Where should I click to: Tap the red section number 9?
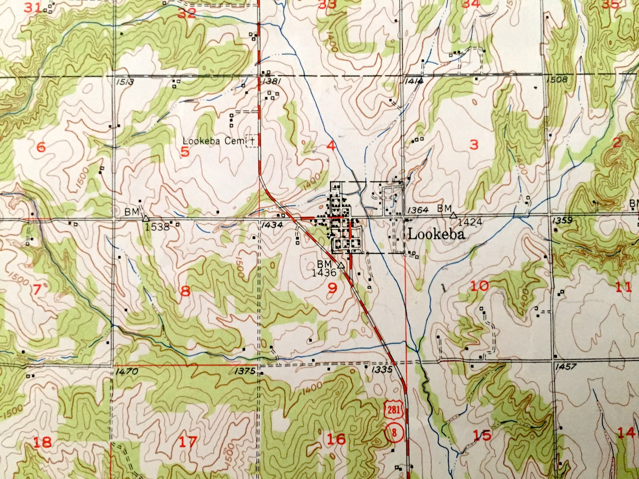tap(332, 288)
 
